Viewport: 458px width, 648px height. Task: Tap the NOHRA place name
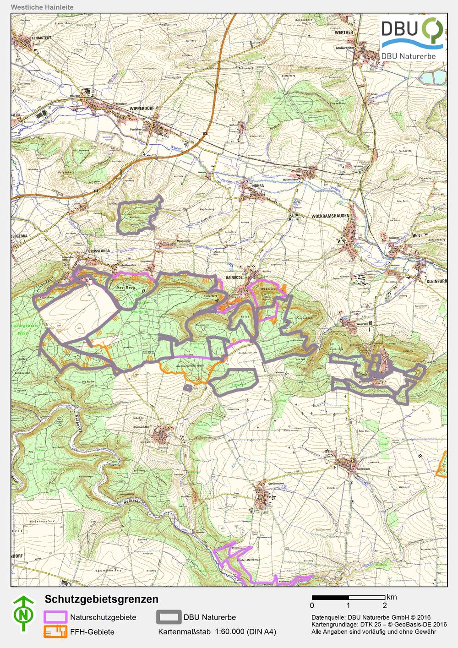pyautogui.click(x=259, y=186)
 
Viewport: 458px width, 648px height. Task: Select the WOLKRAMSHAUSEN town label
pyautogui.click(x=330, y=215)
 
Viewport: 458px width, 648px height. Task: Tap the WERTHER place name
pyautogui.click(x=344, y=33)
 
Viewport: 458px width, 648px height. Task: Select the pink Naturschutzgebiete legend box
pyautogui.click(x=55, y=617)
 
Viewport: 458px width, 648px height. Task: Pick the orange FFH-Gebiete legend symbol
pyautogui.click(x=55, y=632)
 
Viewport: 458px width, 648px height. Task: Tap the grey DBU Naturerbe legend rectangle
pyautogui.click(x=169, y=617)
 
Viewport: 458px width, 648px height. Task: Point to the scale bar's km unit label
pyautogui.click(x=392, y=597)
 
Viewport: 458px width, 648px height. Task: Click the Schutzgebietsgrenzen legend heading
pyautogui.click(x=101, y=599)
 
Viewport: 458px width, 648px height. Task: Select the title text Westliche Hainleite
pyautogui.click(x=42, y=7)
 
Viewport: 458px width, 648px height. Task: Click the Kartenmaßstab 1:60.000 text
pyautogui.click(x=217, y=632)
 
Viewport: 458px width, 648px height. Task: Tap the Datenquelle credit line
pyautogui.click(x=371, y=617)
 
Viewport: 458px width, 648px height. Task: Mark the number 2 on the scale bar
pyautogui.click(x=385, y=605)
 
